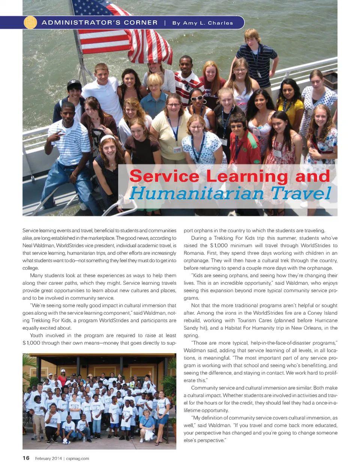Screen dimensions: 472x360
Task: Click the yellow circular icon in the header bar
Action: coord(30,22)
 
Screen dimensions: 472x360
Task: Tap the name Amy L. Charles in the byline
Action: coord(208,23)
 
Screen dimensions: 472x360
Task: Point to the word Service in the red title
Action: coord(164,176)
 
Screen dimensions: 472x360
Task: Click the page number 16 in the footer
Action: coord(26,458)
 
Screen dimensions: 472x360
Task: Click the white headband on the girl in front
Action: coord(107,138)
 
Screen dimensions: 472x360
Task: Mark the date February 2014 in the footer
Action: coord(48,459)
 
